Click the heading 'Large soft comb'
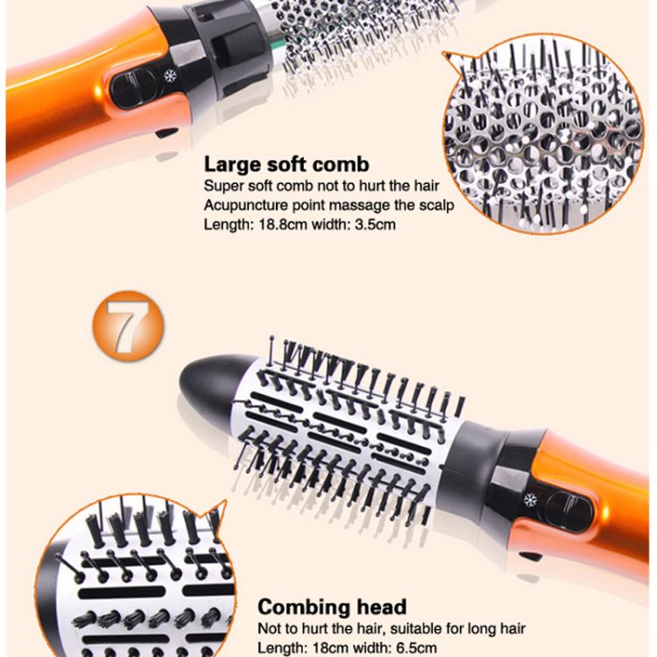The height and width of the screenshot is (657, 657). point(286,165)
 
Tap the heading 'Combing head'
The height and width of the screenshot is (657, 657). point(332,607)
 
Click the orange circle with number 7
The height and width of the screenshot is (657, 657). point(128,326)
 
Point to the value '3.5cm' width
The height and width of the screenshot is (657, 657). point(375,224)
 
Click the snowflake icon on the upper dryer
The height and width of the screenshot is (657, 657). point(170,76)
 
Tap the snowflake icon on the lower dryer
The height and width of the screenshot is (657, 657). point(531,500)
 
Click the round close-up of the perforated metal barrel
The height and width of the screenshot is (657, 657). point(542,134)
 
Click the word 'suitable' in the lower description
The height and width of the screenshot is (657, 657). point(414,628)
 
